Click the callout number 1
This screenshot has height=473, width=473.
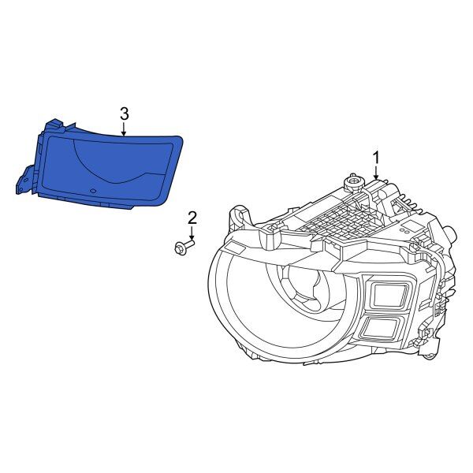click(376, 156)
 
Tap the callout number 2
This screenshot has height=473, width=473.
click(192, 217)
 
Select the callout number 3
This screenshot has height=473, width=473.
click(124, 114)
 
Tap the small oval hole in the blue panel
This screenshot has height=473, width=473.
click(92, 190)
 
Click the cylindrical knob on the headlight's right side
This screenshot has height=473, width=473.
click(449, 233)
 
